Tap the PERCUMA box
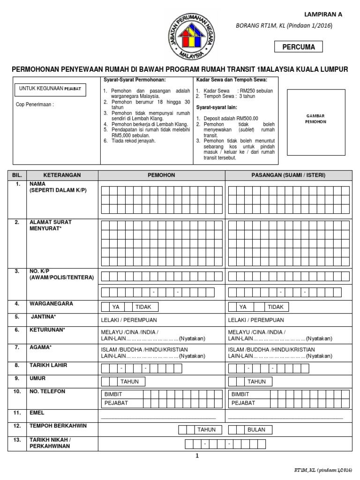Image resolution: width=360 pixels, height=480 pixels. click(x=298, y=47)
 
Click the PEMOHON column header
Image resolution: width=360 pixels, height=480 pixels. click(x=161, y=175)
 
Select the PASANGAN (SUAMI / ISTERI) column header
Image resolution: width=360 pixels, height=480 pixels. click(x=288, y=175)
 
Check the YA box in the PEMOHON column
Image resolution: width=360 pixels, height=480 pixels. click(x=116, y=307)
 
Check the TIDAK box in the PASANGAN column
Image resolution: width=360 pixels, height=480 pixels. click(x=276, y=307)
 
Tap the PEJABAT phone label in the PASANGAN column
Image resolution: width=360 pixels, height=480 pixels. click(x=241, y=403)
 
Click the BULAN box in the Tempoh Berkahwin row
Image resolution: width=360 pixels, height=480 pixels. click(x=256, y=429)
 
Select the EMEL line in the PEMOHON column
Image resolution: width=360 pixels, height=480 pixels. click(x=158, y=416)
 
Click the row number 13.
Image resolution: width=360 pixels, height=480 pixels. click(x=18, y=440)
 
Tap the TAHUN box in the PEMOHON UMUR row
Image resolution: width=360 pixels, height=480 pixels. click(x=129, y=382)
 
